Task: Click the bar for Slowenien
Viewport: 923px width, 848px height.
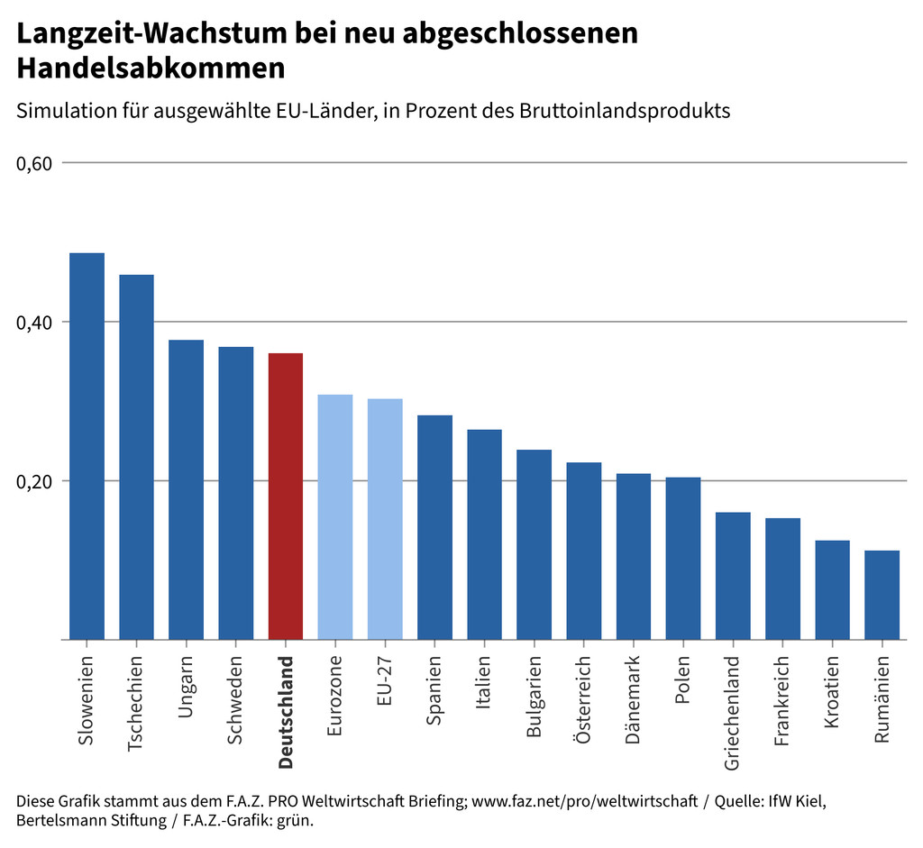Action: coord(87,446)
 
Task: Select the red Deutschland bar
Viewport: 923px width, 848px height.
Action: coord(286,496)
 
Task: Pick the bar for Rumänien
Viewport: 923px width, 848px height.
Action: coord(882,595)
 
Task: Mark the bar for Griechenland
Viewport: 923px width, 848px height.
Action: coord(733,576)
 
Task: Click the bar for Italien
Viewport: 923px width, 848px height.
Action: coord(484,534)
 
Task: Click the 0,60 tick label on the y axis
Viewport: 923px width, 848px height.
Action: coord(35,163)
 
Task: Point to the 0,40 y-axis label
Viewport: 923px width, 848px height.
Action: coord(35,322)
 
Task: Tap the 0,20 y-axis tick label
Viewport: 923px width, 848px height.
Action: coord(35,480)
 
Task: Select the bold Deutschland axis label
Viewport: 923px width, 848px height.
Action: coord(286,712)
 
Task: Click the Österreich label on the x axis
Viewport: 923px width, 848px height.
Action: coord(584,700)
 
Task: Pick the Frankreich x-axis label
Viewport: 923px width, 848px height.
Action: coord(782,701)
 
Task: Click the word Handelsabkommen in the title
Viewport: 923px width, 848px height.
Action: coord(151,68)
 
